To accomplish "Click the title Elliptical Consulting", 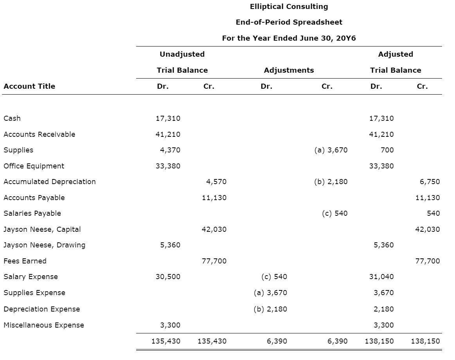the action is click(x=289, y=7).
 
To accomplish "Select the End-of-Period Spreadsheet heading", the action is click(x=289, y=22).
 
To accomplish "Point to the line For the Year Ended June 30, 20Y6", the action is click(x=289, y=38).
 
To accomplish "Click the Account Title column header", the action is click(x=29, y=86).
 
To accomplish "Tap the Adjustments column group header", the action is click(x=289, y=70).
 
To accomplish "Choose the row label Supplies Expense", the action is click(x=34, y=293).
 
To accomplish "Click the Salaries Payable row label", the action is click(x=32, y=213).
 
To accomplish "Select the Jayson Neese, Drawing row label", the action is click(x=44, y=245).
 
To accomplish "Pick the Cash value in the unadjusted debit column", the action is click(x=168, y=118).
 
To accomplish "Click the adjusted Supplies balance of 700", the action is click(x=387, y=150).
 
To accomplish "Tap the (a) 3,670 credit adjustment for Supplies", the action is click(x=331, y=150).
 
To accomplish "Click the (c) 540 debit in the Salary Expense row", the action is click(x=274, y=277).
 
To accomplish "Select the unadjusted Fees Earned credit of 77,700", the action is click(x=214, y=261).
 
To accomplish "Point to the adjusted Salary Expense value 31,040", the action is click(x=381, y=277).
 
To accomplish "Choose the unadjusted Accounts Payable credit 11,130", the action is click(x=214, y=198).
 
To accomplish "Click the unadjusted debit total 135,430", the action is click(x=166, y=341).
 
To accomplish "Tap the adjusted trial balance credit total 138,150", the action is click(x=425, y=341).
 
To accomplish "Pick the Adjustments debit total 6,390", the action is click(x=277, y=341).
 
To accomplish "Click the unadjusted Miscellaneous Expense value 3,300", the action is click(x=170, y=325).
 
